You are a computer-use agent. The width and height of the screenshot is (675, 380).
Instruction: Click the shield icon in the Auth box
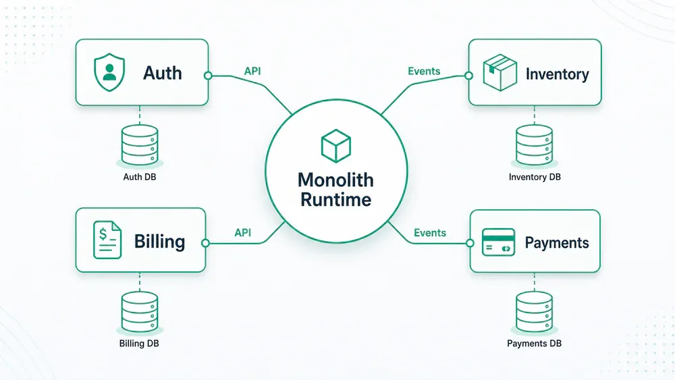(x=109, y=72)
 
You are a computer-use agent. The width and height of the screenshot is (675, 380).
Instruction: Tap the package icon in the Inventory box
(x=500, y=72)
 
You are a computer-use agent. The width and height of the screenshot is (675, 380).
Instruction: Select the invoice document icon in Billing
(x=107, y=240)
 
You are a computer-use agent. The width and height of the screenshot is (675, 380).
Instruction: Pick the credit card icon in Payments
(x=499, y=242)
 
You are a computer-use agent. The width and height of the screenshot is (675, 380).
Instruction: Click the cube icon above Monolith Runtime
(x=335, y=146)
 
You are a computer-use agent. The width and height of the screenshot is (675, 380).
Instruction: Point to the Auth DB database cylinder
(x=140, y=145)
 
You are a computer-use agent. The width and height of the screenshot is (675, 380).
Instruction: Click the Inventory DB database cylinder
(x=534, y=145)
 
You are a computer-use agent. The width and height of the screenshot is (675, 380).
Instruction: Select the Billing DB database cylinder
(x=140, y=312)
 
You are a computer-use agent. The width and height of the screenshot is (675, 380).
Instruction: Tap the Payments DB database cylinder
(x=534, y=312)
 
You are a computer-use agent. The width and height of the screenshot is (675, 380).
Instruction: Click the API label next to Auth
(x=252, y=71)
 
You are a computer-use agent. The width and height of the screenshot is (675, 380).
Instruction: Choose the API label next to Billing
(x=243, y=233)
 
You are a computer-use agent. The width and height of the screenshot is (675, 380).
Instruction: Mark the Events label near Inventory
(x=424, y=71)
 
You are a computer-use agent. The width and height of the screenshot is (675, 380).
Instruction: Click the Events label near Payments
(x=429, y=233)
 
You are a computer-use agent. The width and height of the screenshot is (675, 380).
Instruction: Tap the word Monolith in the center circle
(x=335, y=180)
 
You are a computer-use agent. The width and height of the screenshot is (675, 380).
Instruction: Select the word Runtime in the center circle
(x=335, y=200)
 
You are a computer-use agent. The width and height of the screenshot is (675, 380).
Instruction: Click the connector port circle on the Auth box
(x=208, y=76)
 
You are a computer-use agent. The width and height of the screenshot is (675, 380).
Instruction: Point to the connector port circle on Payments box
(x=470, y=243)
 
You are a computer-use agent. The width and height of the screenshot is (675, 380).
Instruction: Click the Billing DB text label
(x=139, y=344)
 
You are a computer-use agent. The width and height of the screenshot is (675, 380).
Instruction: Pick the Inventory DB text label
(x=535, y=177)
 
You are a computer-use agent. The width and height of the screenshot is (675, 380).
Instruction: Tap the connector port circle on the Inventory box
(x=468, y=76)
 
